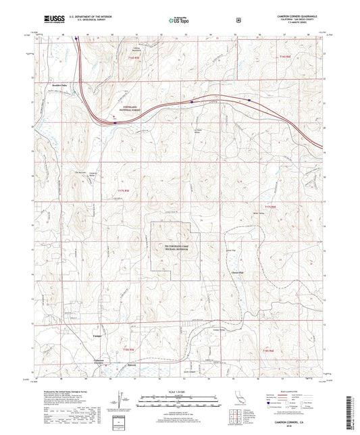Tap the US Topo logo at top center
[179, 20]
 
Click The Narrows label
[78, 171]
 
